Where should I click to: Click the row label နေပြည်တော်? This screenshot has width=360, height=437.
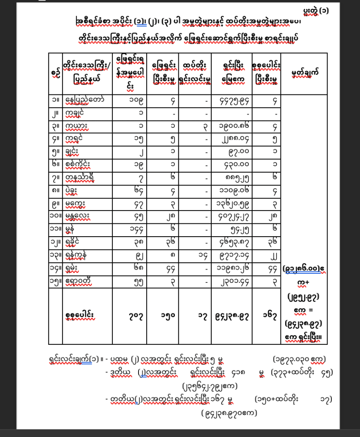coord(83,101)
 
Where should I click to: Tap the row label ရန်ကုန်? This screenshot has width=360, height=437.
coord(79,255)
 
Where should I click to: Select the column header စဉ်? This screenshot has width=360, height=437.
coord(55,73)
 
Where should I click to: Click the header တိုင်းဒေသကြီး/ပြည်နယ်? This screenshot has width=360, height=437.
coord(87,73)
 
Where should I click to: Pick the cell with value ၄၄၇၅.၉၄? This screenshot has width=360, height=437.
coord(232,101)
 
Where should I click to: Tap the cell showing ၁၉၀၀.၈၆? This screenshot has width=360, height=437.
coord(232,127)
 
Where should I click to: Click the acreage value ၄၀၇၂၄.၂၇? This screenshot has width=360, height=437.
coord(232,217)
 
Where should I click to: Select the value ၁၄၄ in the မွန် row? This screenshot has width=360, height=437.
coord(130,229)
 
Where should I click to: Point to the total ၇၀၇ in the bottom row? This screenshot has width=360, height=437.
coord(130,317)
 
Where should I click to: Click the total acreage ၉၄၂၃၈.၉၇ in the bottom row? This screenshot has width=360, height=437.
coord(232,317)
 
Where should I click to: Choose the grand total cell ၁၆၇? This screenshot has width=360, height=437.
coord(266,317)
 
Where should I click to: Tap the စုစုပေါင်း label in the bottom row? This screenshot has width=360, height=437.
coord(83,317)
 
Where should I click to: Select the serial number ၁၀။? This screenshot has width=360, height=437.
coord(55,217)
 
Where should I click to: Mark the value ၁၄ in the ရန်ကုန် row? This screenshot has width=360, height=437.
coord(195,255)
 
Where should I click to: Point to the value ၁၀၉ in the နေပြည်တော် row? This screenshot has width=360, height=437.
coord(130,101)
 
